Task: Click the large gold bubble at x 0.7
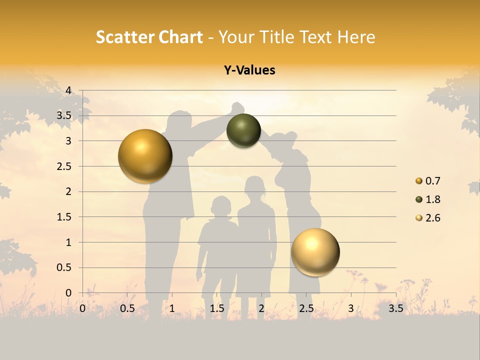click(145, 156)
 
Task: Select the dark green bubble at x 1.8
click(243, 130)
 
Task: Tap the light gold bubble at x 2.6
click(315, 251)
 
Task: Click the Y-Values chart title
click(249, 70)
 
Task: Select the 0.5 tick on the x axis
click(127, 308)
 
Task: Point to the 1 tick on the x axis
click(172, 308)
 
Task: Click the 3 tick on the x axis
click(351, 308)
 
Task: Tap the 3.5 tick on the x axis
click(395, 308)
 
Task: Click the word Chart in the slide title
click(180, 37)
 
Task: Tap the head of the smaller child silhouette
click(220, 205)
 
